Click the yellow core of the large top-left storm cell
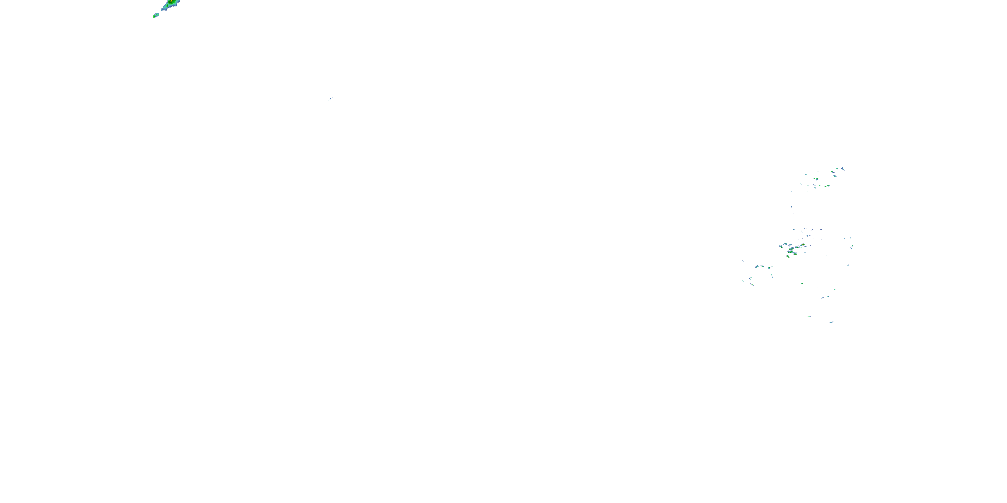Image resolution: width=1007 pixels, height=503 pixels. click(x=172, y=1)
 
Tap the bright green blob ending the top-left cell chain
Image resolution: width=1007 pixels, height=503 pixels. click(x=154, y=17)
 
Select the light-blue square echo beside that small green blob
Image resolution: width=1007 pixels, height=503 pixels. click(x=157, y=15)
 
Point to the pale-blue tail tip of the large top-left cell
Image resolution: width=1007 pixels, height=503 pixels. click(x=161, y=10)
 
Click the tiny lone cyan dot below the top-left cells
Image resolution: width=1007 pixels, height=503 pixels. click(x=147, y=23)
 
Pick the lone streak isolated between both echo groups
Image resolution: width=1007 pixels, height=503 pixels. click(x=330, y=99)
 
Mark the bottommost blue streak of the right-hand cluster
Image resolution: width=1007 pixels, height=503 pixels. click(x=831, y=323)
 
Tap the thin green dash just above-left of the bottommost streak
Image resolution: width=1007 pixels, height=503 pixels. click(x=809, y=317)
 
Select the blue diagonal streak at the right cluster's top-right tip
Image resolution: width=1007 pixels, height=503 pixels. click(x=843, y=169)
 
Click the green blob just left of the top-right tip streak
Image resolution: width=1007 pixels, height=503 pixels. click(x=837, y=169)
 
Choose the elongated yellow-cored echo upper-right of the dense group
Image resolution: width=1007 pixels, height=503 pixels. click(x=803, y=244)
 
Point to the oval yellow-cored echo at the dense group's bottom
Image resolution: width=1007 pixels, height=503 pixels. click(x=788, y=257)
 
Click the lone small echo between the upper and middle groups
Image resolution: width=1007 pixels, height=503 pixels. click(x=791, y=207)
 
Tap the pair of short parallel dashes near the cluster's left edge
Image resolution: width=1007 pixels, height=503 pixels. click(x=751, y=278)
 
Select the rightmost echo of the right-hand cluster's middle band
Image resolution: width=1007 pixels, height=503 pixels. click(x=853, y=246)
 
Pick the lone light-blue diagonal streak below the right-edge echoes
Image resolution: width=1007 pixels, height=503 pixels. click(x=848, y=266)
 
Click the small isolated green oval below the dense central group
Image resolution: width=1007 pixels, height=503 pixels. click(x=802, y=283)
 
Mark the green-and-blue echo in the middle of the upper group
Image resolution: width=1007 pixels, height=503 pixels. click(x=817, y=179)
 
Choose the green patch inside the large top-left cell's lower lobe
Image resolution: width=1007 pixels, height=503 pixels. click(x=167, y=5)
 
